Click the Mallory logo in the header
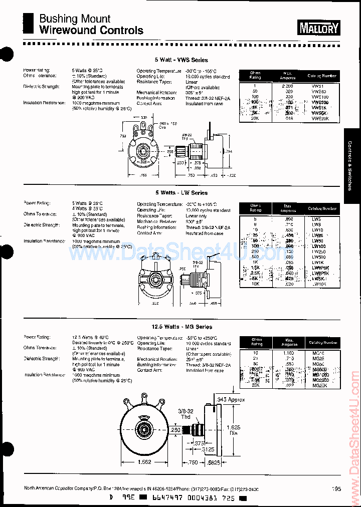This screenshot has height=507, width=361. point(319,28)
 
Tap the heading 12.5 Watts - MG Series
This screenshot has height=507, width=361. point(175,327)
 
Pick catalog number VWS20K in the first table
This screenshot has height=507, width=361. point(319,119)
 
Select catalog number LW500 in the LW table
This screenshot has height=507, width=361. point(319,257)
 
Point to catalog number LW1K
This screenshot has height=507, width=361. point(318,262)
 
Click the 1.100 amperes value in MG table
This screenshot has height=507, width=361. point(288,353)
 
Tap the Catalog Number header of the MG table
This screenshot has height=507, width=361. point(322,343)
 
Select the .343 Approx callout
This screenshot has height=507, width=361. point(231,399)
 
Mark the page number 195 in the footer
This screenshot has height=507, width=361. point(336,489)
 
